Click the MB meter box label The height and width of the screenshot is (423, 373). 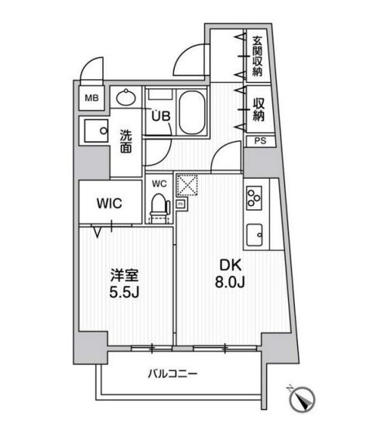click(92, 98)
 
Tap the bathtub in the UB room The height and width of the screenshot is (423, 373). click(192, 113)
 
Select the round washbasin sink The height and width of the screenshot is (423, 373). click(126, 98)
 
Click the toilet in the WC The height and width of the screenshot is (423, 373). click(160, 208)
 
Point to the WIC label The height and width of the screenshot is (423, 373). click(110, 204)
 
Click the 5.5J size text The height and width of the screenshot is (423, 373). click(124, 291)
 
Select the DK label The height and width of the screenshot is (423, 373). click(231, 266)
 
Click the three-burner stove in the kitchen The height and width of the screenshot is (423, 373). click(254, 198)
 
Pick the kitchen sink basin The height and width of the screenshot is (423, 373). click(255, 235)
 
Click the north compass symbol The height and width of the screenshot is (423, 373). click(302, 398)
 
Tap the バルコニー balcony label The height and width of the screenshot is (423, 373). click(173, 374)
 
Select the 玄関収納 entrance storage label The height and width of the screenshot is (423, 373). click(258, 56)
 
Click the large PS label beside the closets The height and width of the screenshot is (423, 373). click(260, 141)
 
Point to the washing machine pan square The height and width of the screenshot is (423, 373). click(96, 131)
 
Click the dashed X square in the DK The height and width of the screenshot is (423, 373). click(187, 185)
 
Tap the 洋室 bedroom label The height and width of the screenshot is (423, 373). click(125, 276)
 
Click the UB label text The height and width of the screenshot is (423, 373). click(161, 116)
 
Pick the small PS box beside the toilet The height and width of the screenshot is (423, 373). click(180, 204)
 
